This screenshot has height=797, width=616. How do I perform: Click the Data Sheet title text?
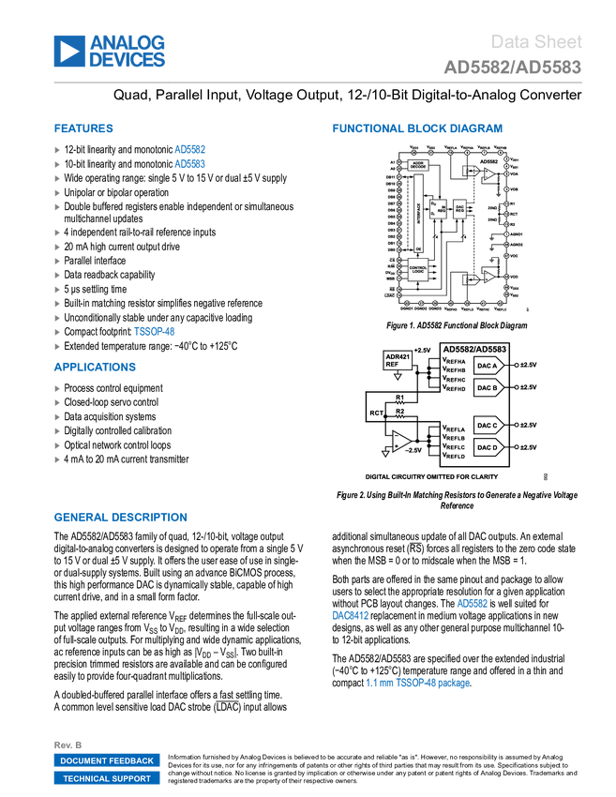(x=537, y=41)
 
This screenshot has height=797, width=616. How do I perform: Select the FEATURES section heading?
(x=83, y=128)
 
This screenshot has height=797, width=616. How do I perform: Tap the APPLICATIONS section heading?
(x=95, y=367)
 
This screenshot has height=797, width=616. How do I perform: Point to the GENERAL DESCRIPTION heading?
(x=120, y=517)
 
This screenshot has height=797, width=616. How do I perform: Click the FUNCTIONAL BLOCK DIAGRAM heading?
(x=416, y=128)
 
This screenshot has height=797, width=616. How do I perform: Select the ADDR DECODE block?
(x=419, y=165)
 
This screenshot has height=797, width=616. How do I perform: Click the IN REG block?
(x=438, y=209)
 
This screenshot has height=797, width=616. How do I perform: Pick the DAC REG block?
(x=460, y=209)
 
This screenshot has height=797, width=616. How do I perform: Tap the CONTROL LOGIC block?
(x=418, y=269)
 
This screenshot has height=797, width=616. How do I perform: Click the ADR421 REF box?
(x=398, y=360)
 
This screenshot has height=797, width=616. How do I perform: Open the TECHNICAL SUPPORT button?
(x=107, y=778)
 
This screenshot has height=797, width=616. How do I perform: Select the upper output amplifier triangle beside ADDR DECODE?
(x=488, y=173)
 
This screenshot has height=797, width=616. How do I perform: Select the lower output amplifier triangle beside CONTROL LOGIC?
(x=488, y=278)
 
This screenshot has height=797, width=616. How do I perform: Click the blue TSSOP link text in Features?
(x=155, y=331)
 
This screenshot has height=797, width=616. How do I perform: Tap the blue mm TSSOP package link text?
(x=418, y=683)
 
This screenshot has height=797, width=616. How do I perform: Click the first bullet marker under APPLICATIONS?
(x=57, y=387)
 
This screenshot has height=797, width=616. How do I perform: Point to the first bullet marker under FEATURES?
(x=57, y=149)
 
